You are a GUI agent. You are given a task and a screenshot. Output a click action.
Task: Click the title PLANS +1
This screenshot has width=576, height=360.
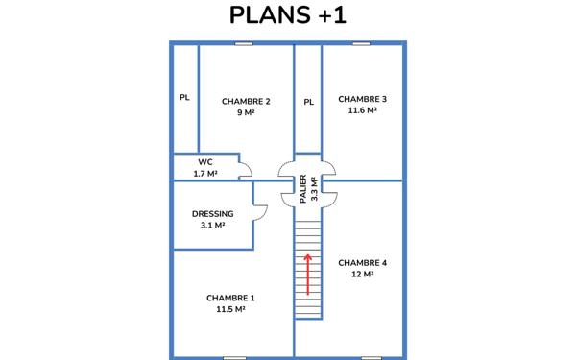pos(288,16)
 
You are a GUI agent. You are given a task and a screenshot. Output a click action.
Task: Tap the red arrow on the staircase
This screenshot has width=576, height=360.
pos(308,274)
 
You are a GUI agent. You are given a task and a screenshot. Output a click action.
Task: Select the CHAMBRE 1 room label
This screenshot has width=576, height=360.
pos(230,298)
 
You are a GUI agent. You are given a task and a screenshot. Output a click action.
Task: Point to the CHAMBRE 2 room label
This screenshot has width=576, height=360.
pos(246,101)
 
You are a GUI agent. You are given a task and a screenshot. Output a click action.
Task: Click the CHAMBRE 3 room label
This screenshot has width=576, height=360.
pos(363,99)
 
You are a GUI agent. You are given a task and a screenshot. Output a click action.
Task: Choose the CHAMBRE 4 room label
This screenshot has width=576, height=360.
pos(363,262)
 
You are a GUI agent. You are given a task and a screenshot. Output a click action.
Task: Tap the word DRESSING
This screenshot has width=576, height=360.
pos(212,214)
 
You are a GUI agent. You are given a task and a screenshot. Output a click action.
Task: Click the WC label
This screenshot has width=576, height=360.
pos(205,162)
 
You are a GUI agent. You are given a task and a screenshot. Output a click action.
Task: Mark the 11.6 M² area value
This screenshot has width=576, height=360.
pos(363,110)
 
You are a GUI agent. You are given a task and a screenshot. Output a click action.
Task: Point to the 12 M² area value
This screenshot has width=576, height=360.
pos(363,274)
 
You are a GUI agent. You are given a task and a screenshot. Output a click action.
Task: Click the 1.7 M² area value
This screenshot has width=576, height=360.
pos(205,174)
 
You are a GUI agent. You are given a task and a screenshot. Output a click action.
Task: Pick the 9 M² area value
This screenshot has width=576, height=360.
pos(246,112)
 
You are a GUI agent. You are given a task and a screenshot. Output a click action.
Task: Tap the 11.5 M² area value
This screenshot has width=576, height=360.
pos(230,309)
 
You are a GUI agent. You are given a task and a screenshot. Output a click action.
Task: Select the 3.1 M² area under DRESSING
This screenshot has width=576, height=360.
pos(212,226)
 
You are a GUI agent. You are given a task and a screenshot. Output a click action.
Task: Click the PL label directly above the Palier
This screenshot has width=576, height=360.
pos(308,101)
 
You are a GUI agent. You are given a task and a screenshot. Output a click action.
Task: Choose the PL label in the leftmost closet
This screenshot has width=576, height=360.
pos(184,97)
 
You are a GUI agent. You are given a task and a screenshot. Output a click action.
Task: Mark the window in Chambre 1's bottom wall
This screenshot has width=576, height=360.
pos(234,357)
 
